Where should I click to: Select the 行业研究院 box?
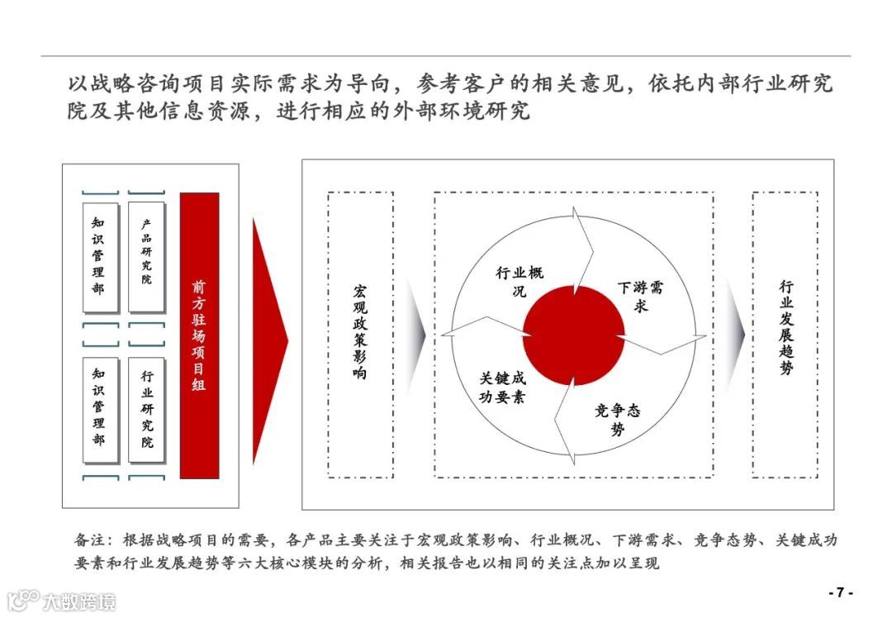(146, 408)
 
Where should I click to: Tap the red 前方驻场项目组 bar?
(199, 335)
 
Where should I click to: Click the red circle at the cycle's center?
(574, 334)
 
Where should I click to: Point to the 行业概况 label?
(520, 282)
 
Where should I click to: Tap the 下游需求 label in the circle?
(640, 297)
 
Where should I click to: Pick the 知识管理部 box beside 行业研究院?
(99, 408)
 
